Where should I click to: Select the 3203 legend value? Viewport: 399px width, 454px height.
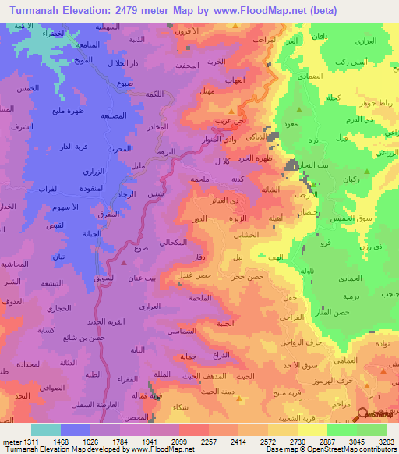pos(387,442)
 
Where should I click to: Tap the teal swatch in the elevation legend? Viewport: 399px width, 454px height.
pos(46,430)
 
